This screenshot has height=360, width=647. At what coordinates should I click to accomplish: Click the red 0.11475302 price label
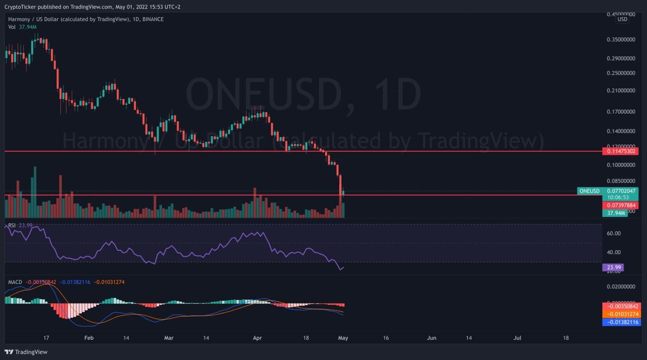point(620,151)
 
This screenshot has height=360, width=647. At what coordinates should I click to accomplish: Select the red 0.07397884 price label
point(620,205)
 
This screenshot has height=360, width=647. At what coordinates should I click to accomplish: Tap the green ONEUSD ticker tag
point(589,191)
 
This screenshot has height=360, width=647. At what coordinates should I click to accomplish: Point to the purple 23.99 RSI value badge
point(614,267)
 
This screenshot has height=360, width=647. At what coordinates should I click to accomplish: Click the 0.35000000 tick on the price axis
point(620,40)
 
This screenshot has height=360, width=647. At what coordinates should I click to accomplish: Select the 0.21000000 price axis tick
point(620,91)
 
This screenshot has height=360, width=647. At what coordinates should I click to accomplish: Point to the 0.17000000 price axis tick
point(620,112)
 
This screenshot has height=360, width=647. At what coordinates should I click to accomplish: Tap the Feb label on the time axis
point(89,338)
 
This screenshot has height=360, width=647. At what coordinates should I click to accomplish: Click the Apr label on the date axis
point(257,338)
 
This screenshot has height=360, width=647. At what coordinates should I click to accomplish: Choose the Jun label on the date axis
point(431,338)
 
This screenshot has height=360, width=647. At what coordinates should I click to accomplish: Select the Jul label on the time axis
point(517,338)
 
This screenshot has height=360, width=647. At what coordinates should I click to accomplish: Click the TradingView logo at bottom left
point(26,352)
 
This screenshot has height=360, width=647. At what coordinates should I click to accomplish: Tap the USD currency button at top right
point(622,19)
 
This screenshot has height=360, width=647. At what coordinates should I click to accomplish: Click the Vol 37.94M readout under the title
point(22,27)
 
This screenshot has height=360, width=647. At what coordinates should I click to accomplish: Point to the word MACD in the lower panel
point(15,282)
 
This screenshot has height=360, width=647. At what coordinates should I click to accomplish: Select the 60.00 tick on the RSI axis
point(614,233)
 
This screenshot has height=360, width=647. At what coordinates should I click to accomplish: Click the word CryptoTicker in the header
point(20,7)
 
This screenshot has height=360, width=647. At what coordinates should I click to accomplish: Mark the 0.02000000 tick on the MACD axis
point(620,287)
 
